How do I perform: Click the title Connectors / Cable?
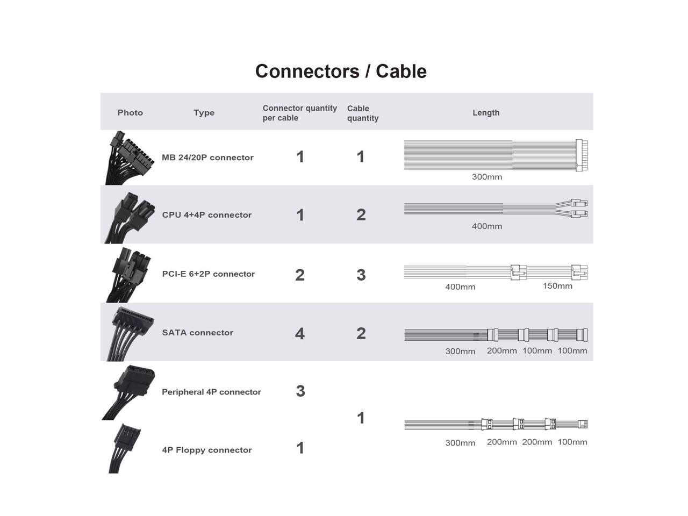click(x=341, y=71)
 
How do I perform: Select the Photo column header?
click(x=130, y=112)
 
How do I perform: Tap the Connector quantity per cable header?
click(x=299, y=113)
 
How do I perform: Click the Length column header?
click(x=486, y=112)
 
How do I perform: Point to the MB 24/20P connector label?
click(x=207, y=157)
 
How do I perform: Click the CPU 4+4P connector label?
click(x=207, y=215)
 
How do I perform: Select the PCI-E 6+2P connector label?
click(x=209, y=274)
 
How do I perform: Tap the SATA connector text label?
click(x=198, y=333)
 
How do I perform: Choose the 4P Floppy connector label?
click(x=207, y=450)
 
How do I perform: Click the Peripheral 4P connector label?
click(x=211, y=392)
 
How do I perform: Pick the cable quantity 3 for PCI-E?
click(x=361, y=275)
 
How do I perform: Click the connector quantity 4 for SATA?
click(x=300, y=334)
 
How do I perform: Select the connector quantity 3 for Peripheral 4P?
click(x=300, y=391)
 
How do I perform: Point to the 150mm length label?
click(x=557, y=286)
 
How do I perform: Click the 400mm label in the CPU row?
click(x=487, y=226)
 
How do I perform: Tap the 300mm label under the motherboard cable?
click(x=487, y=177)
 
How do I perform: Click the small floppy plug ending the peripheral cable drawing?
click(x=583, y=424)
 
